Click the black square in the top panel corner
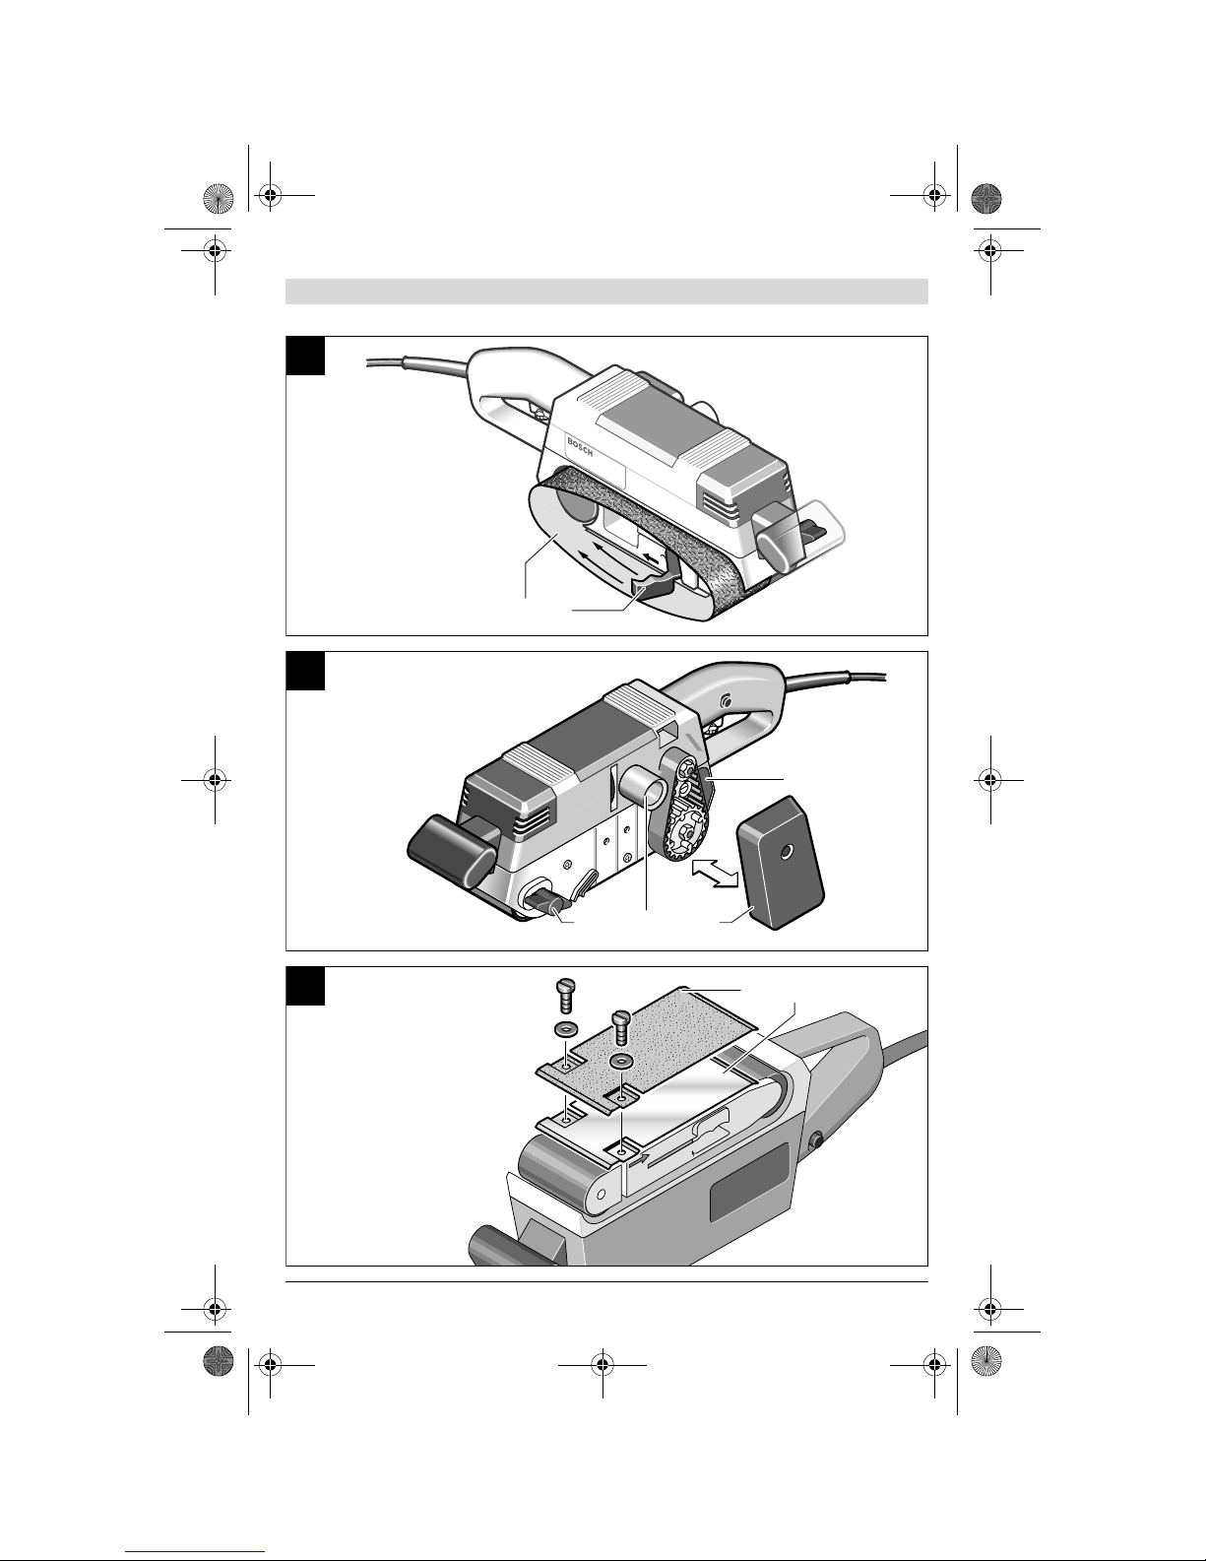[305, 356]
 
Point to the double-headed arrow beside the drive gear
[716, 872]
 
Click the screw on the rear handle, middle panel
[725, 701]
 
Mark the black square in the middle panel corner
[305, 671]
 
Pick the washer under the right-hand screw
[619, 1063]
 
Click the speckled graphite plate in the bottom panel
[660, 1044]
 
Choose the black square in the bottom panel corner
[305, 986]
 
